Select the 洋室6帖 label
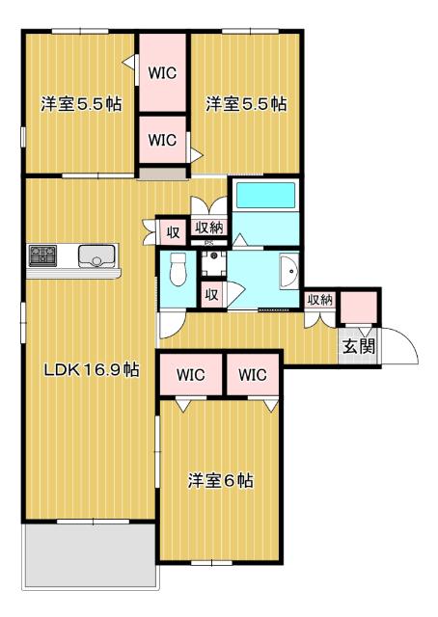coord(220,480)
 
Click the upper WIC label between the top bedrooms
coord(162,69)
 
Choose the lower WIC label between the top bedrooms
coord(162,140)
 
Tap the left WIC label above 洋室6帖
coord(190,375)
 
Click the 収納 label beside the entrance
coord(319,300)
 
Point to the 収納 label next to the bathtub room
coord(209,228)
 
